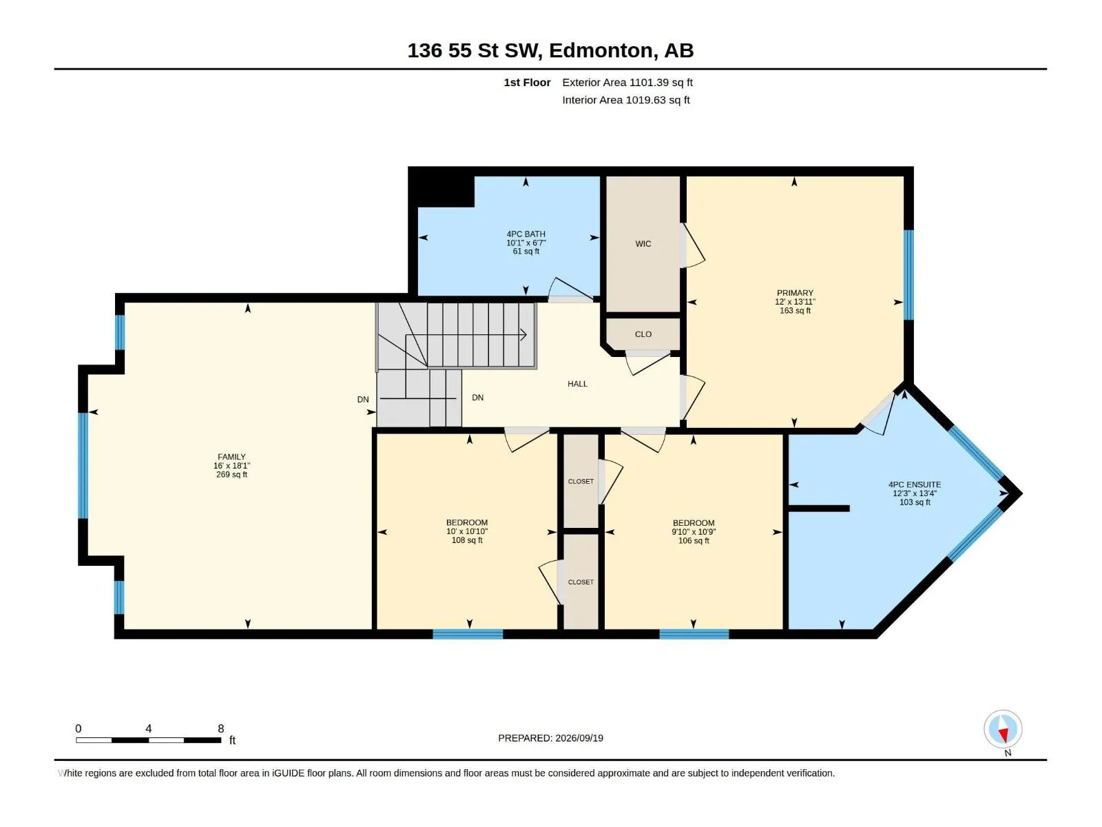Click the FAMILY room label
231,457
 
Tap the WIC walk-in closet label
643,244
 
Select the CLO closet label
643,334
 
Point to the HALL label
577,384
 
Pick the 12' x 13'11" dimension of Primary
795,302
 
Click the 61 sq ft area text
526,252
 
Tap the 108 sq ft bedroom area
467,540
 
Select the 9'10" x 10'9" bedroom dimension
694,532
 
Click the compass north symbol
1003,728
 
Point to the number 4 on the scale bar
149,728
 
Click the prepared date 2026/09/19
579,738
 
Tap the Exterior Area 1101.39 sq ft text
627,82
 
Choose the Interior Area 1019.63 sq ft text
625,100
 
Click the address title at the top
550,50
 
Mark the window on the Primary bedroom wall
908,275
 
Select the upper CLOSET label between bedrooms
581,482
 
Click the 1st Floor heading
527,82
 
